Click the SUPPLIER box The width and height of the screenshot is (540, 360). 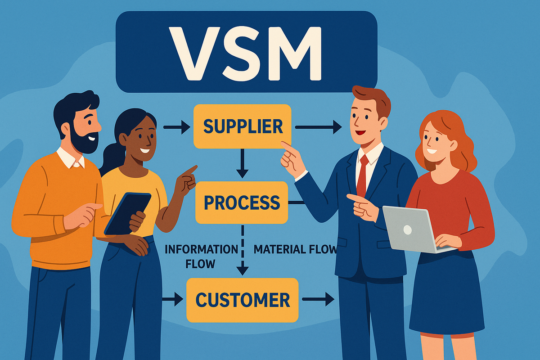pyautogui.click(x=242, y=126)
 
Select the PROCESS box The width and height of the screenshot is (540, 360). pyautogui.click(x=242, y=202)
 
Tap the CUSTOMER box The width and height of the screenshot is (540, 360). pyautogui.click(x=242, y=300)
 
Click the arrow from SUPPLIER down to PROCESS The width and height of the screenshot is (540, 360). pyautogui.click(x=243, y=164)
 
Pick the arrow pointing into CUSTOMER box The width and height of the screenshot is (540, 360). pyautogui.click(x=173, y=298)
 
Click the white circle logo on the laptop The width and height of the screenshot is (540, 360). pyautogui.click(x=407, y=230)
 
